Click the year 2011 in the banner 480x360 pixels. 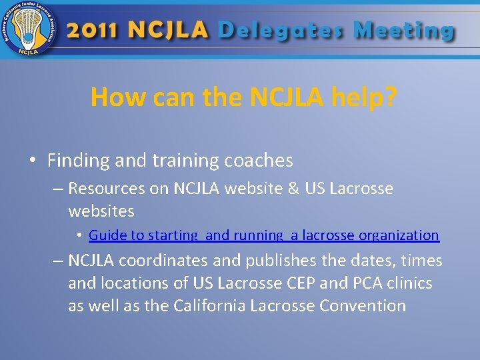(93, 30)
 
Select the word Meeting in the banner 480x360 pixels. (404, 31)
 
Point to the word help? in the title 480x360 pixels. (365, 97)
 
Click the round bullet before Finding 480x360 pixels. (32, 161)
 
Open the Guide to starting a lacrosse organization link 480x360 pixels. (263, 235)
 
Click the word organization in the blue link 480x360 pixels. (399, 235)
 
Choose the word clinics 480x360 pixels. (409, 283)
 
